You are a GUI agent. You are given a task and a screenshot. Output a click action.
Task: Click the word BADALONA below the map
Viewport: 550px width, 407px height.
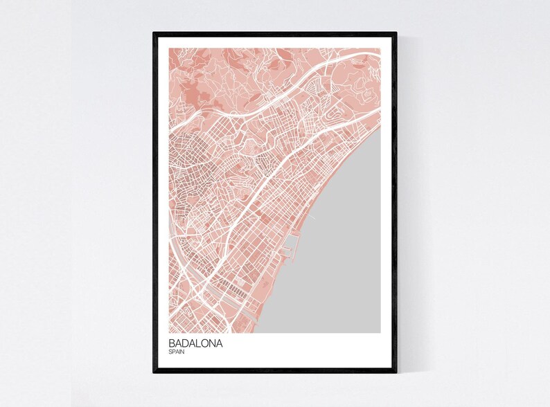pyautogui.click(x=195, y=343)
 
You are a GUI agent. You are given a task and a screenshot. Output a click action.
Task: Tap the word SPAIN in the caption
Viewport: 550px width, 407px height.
pyautogui.click(x=177, y=352)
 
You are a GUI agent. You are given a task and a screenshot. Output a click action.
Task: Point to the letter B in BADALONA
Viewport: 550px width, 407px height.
pyautogui.click(x=171, y=343)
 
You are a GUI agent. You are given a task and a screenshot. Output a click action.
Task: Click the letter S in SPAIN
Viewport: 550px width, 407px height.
pyautogui.click(x=170, y=352)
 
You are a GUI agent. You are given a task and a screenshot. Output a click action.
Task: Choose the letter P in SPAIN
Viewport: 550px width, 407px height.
pyautogui.click(x=173, y=352)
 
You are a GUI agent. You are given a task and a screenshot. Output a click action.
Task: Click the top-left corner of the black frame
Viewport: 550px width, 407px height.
pyautogui.click(x=154, y=33)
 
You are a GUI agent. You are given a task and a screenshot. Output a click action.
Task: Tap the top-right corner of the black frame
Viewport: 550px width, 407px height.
pyautogui.click(x=396, y=33)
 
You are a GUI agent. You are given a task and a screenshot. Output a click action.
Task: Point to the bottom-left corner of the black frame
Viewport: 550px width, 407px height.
pyautogui.click(x=154, y=372)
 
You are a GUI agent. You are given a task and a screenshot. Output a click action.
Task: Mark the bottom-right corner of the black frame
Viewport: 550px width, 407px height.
pyautogui.click(x=396, y=372)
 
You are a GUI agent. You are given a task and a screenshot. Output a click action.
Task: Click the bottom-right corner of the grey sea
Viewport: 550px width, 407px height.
pyautogui.click(x=380, y=332)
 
